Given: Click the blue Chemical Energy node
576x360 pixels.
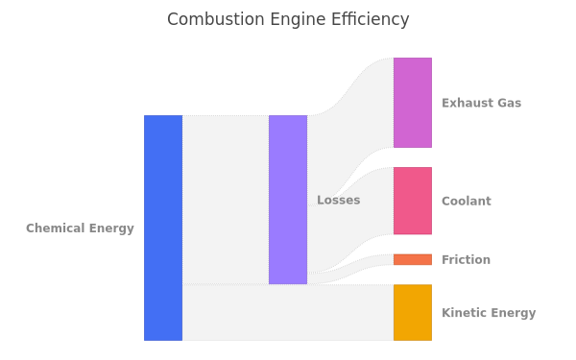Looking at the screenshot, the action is point(163,228).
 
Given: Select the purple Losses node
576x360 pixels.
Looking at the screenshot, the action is point(288,200).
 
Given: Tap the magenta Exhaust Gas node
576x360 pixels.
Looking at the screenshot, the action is point(413,103).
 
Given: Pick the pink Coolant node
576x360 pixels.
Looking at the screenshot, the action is point(413,201).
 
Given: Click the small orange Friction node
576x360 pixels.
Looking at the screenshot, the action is point(413,259).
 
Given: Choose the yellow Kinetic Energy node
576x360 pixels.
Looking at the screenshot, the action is point(413,312).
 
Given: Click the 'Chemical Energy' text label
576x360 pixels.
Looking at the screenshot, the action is point(80,228).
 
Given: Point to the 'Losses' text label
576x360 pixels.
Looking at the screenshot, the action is point(339,200).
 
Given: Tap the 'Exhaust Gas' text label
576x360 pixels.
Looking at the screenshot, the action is point(482,103).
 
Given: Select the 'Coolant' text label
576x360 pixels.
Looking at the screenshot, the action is point(467,201).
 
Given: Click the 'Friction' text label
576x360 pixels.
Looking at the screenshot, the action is point(467,260).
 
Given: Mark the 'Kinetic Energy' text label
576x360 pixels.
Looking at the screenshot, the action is point(489,313).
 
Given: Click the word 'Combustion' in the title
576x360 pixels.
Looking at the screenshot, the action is point(216,19).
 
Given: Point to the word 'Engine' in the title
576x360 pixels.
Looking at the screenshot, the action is point(298,20).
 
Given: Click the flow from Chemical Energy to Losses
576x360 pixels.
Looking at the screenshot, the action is point(226,200).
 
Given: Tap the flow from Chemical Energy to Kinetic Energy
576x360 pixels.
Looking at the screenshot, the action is point(288,312).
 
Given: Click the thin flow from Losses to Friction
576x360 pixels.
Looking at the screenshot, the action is point(350,269).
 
